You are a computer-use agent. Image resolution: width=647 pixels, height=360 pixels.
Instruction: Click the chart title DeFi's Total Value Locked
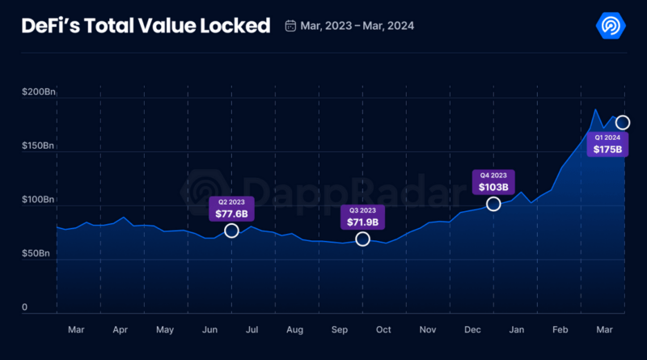coord(146,26)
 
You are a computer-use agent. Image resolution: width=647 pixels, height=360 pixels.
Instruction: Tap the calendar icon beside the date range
coord(290,26)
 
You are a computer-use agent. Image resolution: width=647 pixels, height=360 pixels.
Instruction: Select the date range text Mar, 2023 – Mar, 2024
coord(357,26)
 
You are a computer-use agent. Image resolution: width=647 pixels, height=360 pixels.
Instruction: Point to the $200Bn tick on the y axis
coord(38,94)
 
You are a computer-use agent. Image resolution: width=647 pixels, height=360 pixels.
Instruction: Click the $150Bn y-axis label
coord(38,146)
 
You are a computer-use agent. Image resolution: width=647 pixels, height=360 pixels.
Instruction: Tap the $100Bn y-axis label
coord(38,200)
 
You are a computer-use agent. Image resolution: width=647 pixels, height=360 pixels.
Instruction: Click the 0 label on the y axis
coord(25,307)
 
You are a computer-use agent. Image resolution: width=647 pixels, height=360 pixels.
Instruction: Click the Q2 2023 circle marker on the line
coord(231,231)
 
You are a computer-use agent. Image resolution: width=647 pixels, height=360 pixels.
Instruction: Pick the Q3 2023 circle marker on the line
coord(362,239)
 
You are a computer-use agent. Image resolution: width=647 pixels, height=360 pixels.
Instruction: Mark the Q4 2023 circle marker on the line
coord(493,204)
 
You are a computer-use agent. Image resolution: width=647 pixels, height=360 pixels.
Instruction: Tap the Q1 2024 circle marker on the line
coord(623,122)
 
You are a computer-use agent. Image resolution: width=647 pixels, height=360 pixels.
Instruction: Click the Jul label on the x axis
coord(252,330)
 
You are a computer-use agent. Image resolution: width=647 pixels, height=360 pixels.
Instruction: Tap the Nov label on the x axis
coord(427,330)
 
